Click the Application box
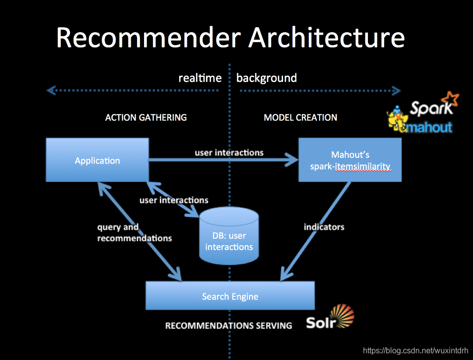coord(97,160)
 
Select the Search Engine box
coord(230,296)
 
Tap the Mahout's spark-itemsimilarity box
coord(350,160)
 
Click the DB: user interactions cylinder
coord(229,237)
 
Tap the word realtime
coord(200,78)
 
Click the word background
coord(266,78)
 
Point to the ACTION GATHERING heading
coord(146,117)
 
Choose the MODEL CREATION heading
coord(300,117)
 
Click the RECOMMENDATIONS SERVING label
coord(228,325)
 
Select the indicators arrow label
coord(324,227)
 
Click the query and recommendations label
coord(134,232)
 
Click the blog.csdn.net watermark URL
coord(415,351)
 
